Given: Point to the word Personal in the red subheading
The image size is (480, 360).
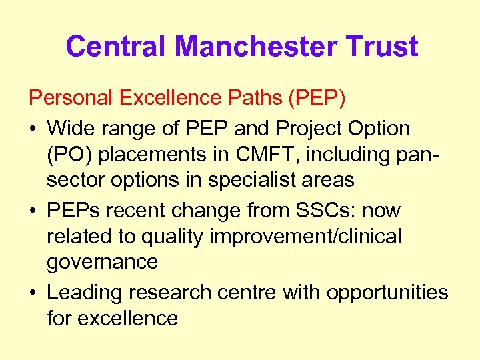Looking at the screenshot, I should tap(71, 99).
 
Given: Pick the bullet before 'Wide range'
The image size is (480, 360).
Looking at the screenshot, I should tap(34, 127).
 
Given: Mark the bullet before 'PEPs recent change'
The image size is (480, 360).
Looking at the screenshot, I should tap(34, 210).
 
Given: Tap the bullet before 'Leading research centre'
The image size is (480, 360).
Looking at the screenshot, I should tap(34, 292).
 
